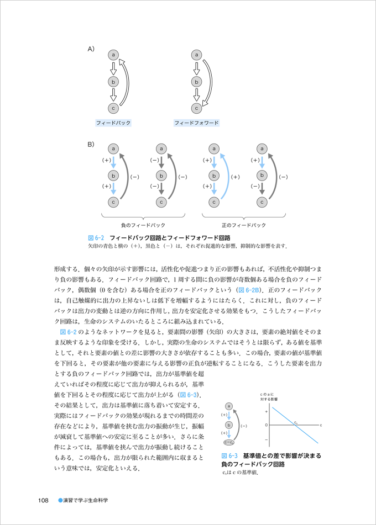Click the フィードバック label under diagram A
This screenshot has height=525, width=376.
coord(113,123)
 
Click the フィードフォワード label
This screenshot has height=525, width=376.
coord(196,123)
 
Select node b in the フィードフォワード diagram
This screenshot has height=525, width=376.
coord(196,82)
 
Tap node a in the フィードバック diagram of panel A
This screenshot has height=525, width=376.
coord(113,55)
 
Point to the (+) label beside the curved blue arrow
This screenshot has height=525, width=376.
coord(234,177)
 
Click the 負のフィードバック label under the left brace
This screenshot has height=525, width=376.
coord(143,225)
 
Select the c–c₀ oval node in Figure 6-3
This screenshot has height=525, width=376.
coord(228,442)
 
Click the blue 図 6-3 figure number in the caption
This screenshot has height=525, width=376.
coord(229,456)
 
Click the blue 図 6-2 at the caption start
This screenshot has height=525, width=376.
coord(96,237)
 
